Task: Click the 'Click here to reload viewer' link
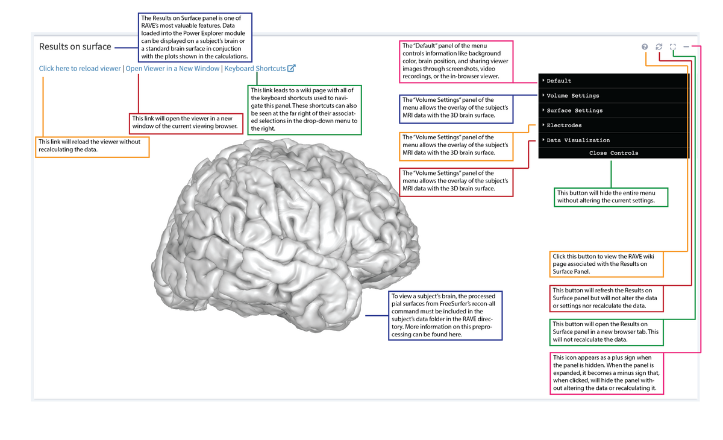(80, 69)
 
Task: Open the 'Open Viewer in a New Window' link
(172, 69)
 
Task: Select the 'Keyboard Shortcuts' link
(255, 69)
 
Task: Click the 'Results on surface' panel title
(75, 46)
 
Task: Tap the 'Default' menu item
(559, 81)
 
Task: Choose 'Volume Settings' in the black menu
(572, 96)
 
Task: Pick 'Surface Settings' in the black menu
(574, 111)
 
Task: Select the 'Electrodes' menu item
(564, 125)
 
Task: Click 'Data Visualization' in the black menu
(578, 140)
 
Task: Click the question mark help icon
(645, 47)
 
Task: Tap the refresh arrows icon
(659, 47)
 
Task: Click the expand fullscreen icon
(673, 47)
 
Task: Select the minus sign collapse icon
(686, 47)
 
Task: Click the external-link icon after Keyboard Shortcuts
(292, 68)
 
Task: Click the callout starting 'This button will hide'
(610, 197)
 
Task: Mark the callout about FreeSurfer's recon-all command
(445, 315)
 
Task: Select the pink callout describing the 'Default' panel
(456, 61)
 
